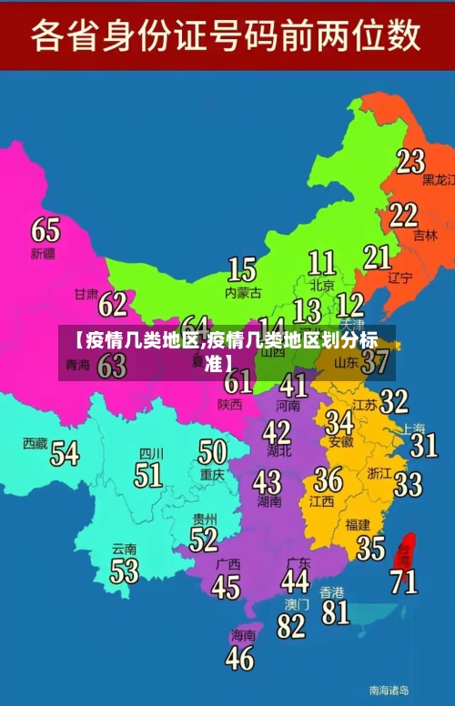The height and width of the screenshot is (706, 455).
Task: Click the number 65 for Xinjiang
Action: [45, 229]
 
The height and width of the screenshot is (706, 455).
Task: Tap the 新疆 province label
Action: [43, 252]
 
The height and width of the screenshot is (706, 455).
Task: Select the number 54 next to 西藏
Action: [65, 452]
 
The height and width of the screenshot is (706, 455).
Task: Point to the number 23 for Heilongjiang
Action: [410, 161]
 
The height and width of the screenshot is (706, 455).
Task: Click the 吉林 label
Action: [425, 235]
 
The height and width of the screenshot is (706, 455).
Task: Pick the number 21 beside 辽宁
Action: [377, 257]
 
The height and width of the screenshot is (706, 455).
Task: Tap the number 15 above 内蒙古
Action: [241, 269]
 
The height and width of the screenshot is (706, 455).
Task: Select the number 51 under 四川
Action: [148, 475]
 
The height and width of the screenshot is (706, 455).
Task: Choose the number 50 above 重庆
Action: [212, 452]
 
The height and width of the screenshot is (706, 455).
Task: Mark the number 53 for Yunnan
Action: [125, 571]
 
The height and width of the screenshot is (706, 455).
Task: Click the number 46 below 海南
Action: [239, 657]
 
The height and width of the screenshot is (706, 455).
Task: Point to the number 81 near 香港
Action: [336, 611]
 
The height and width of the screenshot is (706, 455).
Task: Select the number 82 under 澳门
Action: [291, 626]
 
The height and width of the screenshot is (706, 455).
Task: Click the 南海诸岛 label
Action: [389, 690]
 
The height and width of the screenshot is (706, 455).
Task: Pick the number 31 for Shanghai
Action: [423, 445]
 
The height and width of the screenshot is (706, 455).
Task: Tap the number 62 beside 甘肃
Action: [113, 304]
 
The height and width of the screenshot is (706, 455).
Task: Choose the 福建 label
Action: [358, 525]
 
